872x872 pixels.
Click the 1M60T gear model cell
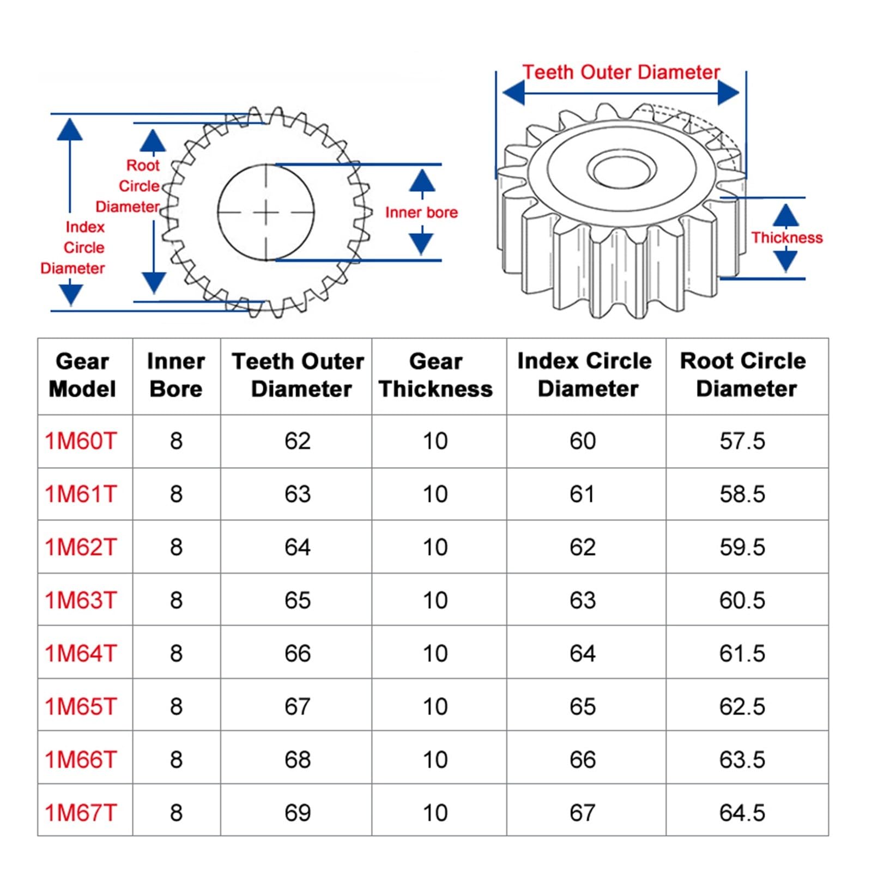(81, 441)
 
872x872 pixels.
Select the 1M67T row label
(81, 813)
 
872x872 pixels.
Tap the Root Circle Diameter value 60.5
(742, 600)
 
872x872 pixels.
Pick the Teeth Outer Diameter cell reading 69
(298, 813)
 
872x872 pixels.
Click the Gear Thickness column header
(435, 375)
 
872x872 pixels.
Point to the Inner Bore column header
(175, 375)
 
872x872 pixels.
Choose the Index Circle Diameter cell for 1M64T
(583, 653)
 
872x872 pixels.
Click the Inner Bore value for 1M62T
(175, 547)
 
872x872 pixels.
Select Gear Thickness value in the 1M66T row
(435, 759)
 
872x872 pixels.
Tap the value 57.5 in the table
(742, 441)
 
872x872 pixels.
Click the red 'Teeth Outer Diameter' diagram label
(621, 72)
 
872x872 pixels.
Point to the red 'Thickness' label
(786, 238)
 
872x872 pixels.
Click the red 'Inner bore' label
(421, 213)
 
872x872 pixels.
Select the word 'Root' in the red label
(143, 165)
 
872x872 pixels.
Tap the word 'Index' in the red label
(85, 227)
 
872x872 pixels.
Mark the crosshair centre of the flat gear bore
(266, 213)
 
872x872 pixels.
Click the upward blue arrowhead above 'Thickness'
(785, 215)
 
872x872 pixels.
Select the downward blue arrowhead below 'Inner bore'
(421, 243)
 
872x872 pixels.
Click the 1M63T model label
(81, 600)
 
